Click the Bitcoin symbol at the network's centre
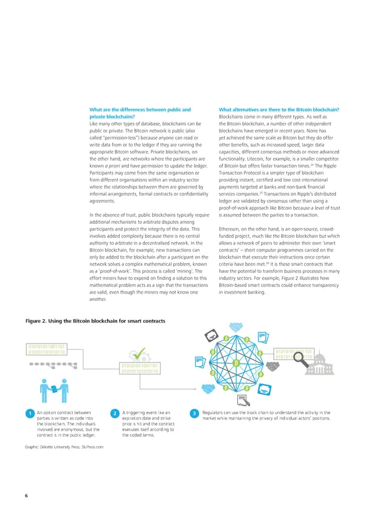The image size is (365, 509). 236,364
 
